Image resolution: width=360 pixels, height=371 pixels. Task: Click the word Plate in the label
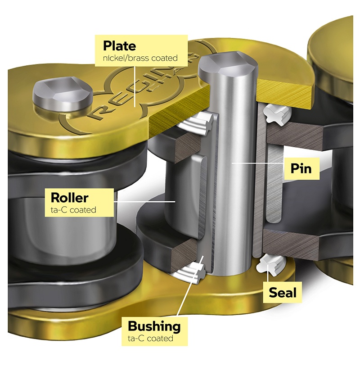119,46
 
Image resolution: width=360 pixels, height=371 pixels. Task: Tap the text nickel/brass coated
140,58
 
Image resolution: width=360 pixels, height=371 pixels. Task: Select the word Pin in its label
301,168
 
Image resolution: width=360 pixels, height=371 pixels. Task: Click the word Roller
70,198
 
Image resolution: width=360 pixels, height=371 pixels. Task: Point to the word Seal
283,293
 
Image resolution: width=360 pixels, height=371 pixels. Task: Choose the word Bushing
154,327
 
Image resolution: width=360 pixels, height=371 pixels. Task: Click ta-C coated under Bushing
150,338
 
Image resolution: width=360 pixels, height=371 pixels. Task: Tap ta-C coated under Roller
73,210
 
